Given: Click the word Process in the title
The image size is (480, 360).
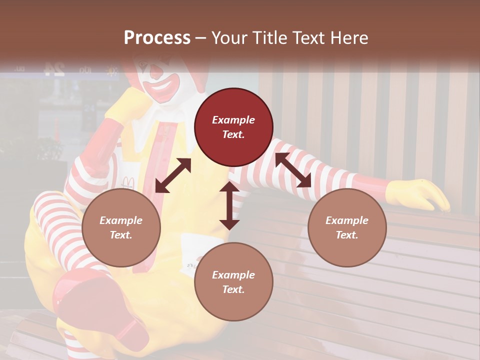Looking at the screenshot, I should (x=157, y=37).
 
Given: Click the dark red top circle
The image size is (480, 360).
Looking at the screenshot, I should (x=233, y=127).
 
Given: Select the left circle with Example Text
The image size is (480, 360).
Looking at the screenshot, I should (x=121, y=227).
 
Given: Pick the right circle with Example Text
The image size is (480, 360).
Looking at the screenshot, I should (x=347, y=227).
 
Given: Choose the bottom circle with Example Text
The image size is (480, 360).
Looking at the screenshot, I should (x=233, y=282).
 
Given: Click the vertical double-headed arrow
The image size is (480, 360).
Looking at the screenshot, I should (x=229, y=205).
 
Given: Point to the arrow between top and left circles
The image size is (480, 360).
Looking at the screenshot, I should (x=173, y=175).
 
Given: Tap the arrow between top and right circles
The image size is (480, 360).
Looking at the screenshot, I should (x=293, y=170).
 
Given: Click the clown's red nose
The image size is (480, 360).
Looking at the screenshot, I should (x=156, y=73).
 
